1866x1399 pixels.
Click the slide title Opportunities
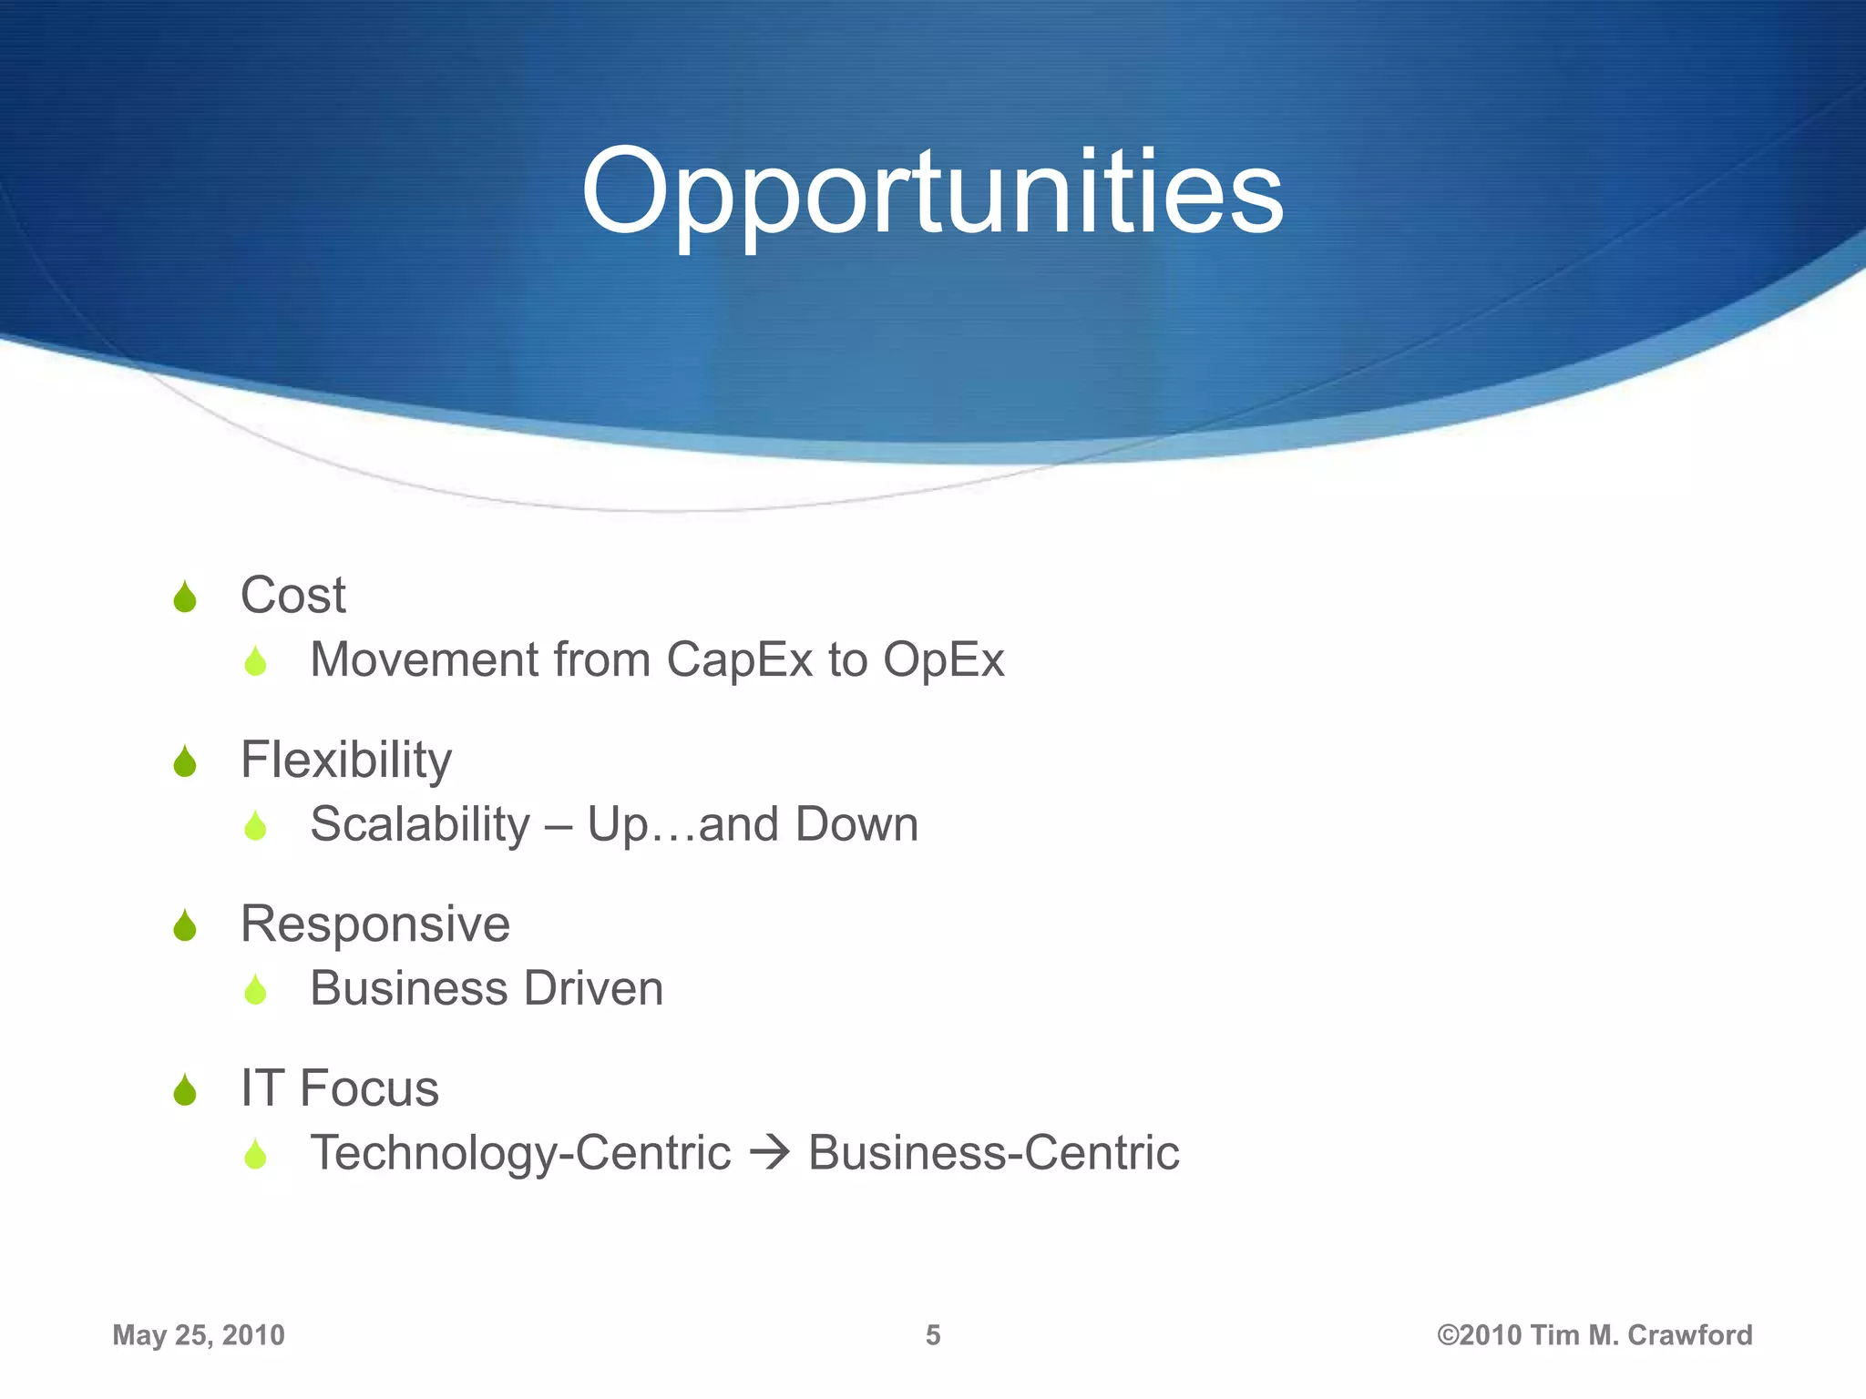click(x=932, y=193)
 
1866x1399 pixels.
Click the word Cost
click(x=292, y=596)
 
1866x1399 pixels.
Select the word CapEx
click(x=739, y=659)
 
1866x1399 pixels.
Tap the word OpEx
click(x=943, y=659)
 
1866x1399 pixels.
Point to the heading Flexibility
click(x=345, y=760)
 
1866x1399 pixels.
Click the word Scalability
click(x=420, y=824)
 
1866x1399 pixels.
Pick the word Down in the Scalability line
click(x=856, y=824)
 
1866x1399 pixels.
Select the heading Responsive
click(x=374, y=924)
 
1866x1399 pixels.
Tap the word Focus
click(x=369, y=1088)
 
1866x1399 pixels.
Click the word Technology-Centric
click(x=520, y=1153)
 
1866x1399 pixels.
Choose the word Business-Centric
click(x=993, y=1153)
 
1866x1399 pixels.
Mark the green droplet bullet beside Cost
click(x=185, y=597)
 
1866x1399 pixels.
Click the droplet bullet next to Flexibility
click(x=185, y=761)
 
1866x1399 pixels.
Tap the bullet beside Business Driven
click(x=255, y=990)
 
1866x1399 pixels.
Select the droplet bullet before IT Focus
click(x=185, y=1089)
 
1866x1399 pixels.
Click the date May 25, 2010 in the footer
click(x=199, y=1335)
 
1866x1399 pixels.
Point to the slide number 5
click(x=933, y=1335)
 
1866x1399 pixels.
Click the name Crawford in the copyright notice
click(x=1689, y=1335)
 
